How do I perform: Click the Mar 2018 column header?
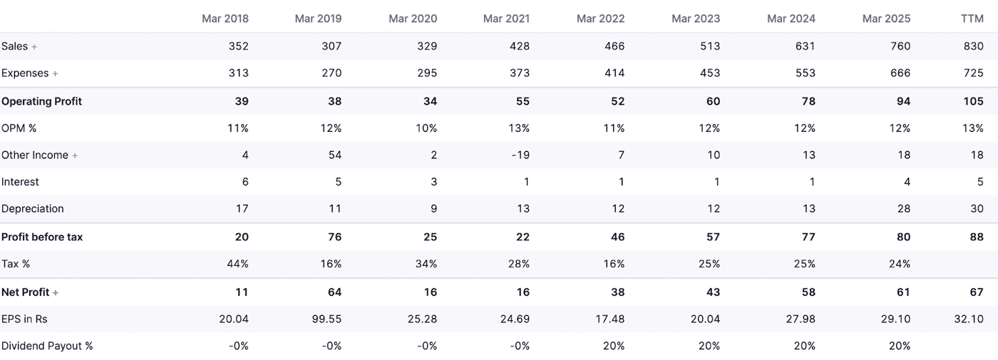225,19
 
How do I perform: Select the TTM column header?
972,19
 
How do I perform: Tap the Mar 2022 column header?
600,19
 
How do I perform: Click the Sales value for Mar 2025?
900,46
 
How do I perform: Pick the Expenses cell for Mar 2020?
425,73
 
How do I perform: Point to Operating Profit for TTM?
973,101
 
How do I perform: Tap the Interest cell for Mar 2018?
245,182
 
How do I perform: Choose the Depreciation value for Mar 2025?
903,209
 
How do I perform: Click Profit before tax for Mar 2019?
334,237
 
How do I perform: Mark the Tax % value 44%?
238,264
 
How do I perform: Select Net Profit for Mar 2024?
808,292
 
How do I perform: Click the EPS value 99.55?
327,319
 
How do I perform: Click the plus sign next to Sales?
34,47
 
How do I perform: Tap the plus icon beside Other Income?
75,156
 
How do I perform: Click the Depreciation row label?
33,209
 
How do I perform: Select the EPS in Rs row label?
24,319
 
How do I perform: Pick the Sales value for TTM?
973,46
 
